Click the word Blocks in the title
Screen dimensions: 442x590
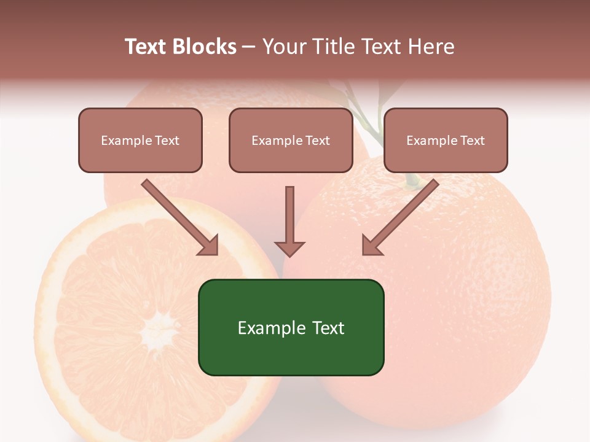tap(205, 47)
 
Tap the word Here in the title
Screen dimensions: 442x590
tap(430, 47)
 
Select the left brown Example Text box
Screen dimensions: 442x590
tap(140, 140)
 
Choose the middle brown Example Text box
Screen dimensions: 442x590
tap(291, 140)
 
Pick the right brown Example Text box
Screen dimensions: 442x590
tap(446, 140)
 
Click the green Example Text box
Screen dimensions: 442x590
tap(291, 327)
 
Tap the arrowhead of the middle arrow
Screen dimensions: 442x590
tap(289, 248)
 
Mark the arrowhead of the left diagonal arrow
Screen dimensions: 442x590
tap(209, 246)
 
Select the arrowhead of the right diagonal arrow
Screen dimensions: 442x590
tap(371, 246)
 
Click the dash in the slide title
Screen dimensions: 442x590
tap(249, 47)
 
